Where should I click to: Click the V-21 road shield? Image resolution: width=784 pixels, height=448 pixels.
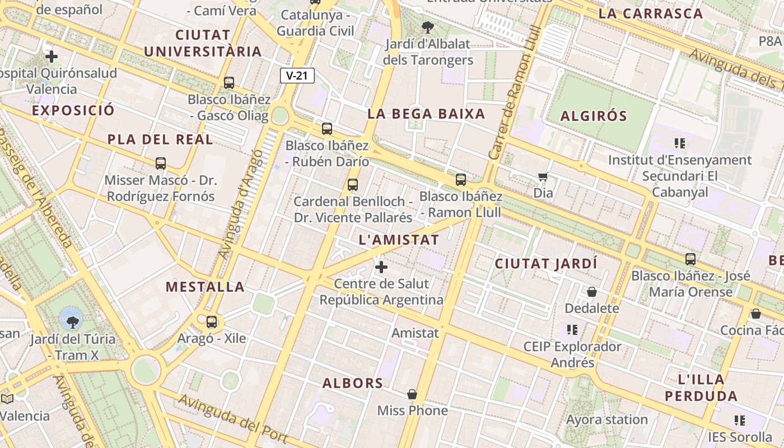[297, 76]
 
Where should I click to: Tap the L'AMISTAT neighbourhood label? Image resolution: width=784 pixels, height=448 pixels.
[398, 240]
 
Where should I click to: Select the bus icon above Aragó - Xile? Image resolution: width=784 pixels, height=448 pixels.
[212, 322]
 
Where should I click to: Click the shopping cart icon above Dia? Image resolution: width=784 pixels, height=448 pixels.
[543, 177]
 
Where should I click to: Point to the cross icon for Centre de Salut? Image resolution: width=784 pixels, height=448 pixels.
[381, 267]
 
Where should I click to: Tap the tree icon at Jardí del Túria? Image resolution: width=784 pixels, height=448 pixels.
[72, 321]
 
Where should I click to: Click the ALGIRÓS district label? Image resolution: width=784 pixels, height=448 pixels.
[594, 116]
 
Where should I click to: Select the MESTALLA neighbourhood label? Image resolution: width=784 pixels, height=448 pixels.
[205, 287]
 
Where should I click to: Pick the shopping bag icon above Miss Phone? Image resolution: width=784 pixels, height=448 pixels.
[412, 394]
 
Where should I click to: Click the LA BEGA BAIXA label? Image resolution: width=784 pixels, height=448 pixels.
[426, 114]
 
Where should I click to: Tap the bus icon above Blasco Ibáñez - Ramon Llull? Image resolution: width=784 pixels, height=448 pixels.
[461, 180]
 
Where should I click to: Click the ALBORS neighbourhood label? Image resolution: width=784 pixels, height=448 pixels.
[353, 384]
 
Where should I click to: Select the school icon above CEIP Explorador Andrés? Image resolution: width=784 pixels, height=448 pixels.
[572, 329]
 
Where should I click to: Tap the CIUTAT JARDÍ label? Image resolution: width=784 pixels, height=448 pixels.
[546, 263]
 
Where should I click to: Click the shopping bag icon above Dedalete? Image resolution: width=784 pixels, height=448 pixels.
[591, 292]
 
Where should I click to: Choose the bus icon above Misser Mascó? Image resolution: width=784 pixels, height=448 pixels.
[161, 164]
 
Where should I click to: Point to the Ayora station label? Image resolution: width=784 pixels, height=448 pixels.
[606, 419]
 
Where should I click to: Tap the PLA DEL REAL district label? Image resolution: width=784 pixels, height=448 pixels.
[160, 139]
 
